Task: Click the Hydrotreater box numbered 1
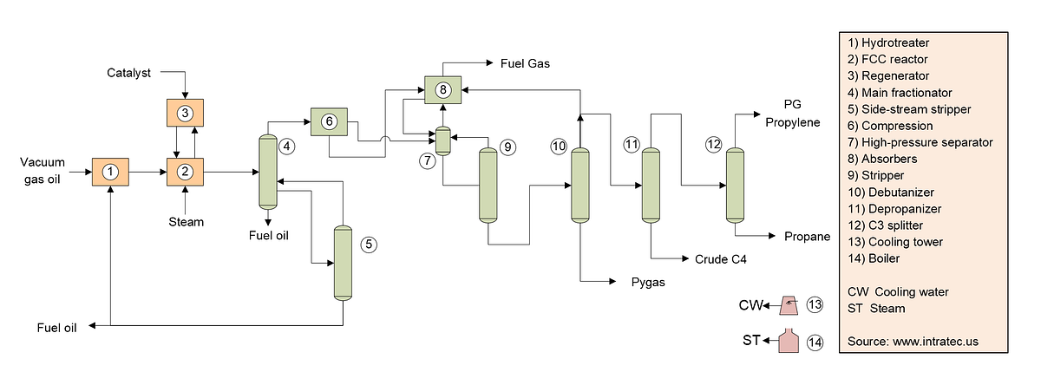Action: point(111,172)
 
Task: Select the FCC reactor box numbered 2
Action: point(185,172)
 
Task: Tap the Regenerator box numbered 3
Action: point(185,113)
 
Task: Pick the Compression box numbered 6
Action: point(329,121)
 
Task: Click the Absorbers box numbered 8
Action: point(443,89)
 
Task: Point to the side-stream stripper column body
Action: point(343,264)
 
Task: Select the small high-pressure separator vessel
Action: point(443,140)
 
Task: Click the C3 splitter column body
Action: point(735,186)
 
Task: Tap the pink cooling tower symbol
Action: point(789,305)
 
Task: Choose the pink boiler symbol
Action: point(789,341)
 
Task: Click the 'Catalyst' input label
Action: point(128,73)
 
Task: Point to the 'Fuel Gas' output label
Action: point(525,63)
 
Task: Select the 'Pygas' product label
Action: point(648,283)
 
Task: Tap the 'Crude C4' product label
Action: point(720,259)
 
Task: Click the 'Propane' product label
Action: point(808,237)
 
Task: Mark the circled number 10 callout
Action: point(558,147)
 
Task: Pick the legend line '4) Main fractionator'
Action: point(900,93)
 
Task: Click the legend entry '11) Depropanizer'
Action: point(894,209)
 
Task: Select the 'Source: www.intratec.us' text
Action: point(913,342)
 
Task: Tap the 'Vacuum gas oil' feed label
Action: point(43,171)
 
